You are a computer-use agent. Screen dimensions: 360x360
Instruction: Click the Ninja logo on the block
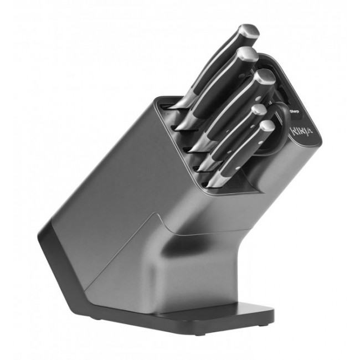click(x=303, y=132)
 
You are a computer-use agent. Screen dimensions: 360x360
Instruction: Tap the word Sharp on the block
click(x=294, y=111)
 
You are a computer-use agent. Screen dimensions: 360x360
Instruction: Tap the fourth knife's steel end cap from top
click(x=258, y=110)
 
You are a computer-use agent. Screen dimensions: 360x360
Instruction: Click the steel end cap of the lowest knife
click(x=266, y=127)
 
